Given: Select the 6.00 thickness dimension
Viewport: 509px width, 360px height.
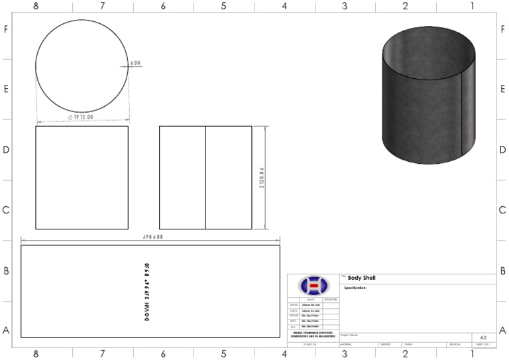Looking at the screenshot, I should [x=135, y=63].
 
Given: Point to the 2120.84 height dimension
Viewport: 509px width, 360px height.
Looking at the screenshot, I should [x=262, y=178].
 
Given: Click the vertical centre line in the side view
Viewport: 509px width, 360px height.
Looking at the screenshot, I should [x=205, y=178].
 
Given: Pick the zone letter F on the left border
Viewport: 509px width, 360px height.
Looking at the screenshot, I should [x=6, y=29].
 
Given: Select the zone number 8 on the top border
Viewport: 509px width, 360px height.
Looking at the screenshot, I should [x=36, y=6].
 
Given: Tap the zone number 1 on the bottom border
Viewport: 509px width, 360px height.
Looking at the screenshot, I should [x=472, y=354].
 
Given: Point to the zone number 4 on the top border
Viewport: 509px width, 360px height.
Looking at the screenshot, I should [x=284, y=6].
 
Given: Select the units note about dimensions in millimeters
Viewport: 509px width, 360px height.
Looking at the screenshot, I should [x=313, y=335].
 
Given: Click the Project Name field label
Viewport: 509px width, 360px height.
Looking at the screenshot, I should [x=349, y=335].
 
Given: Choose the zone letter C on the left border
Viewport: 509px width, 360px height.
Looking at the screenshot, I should [x=6, y=210].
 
